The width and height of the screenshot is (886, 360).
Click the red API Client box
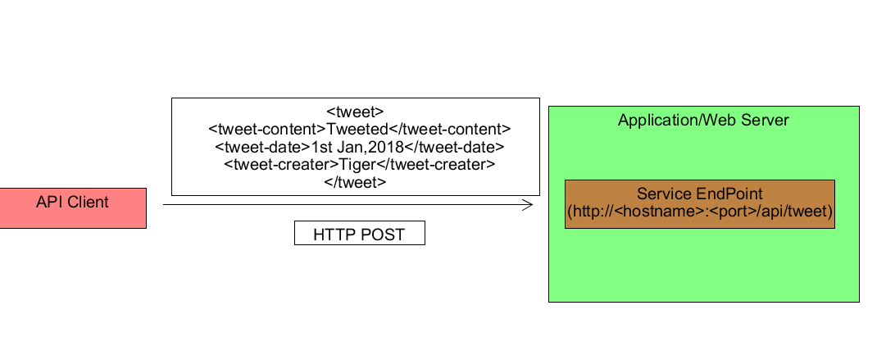coord(73,208)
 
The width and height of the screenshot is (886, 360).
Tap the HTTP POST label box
coord(360,233)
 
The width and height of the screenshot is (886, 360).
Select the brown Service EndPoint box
coord(699,204)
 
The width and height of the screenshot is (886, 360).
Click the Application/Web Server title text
coord(702,121)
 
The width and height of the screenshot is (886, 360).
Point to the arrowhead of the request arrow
coord(529,205)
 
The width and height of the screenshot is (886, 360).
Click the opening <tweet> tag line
coord(355,112)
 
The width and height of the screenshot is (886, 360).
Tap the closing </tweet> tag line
coord(355,182)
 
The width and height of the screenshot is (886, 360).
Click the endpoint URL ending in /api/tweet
coord(699,212)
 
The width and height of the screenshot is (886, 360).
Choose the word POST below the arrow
coord(383,235)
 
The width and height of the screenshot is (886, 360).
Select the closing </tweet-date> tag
coord(458,147)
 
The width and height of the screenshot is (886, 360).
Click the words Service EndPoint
coord(699,194)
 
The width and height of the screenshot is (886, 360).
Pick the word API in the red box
coord(49,202)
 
